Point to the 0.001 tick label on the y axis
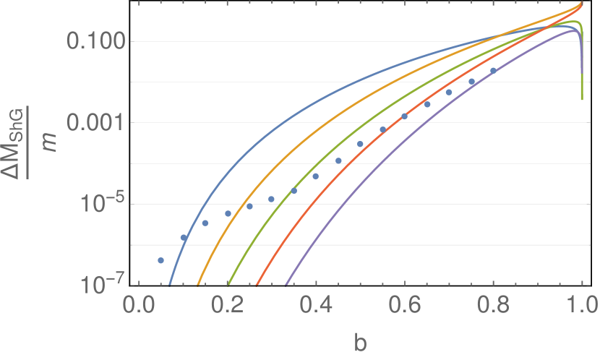(96, 123)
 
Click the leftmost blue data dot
(160, 260)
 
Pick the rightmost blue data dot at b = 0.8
(494, 71)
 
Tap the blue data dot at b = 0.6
(405, 116)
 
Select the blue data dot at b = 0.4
(315, 176)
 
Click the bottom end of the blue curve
(170, 284)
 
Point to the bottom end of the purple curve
(288, 284)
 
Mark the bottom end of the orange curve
(199, 284)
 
